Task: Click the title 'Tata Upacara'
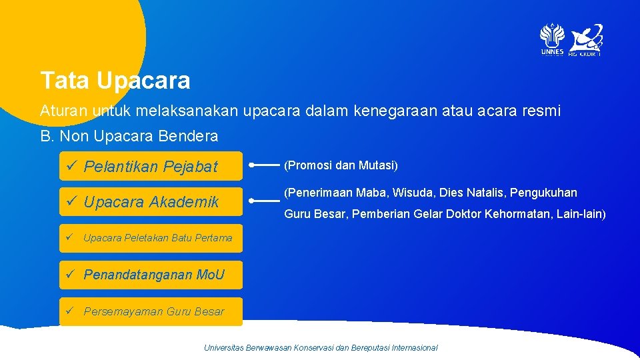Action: pos(115,81)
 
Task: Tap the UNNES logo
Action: pos(552,39)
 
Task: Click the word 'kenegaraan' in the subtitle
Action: pos(385,111)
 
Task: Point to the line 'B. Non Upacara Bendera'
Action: pos(129,136)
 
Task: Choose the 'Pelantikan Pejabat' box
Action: pos(151,167)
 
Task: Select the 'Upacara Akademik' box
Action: pos(151,202)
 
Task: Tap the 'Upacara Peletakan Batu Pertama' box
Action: pos(151,237)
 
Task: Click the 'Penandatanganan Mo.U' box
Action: pos(151,275)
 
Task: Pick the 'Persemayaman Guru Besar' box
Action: pos(151,311)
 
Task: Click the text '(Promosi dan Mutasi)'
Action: pos(341,165)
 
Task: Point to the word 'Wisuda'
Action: pos(413,193)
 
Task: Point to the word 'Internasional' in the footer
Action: pos(414,347)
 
